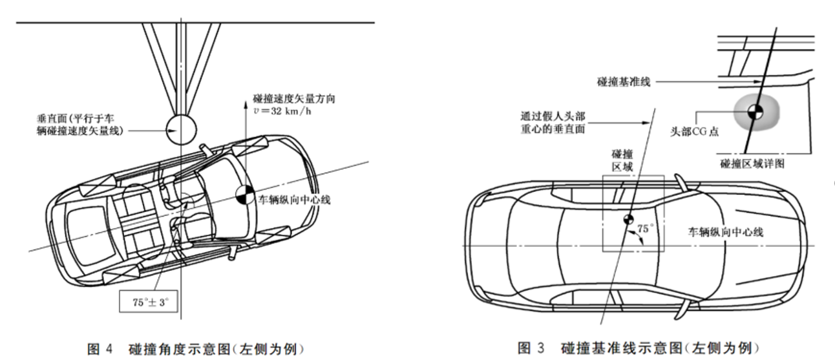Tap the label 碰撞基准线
pos(623,81)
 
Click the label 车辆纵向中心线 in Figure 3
pos(726,232)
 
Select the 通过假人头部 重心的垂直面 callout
pos(554,123)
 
